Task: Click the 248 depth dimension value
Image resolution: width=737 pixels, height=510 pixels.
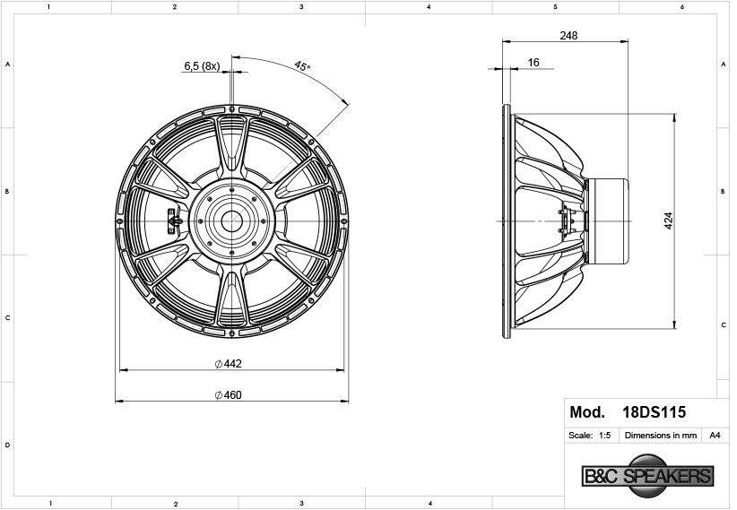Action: [568, 36]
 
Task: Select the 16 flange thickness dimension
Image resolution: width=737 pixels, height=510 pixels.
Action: [533, 62]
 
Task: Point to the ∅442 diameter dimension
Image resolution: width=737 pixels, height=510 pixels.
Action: [230, 364]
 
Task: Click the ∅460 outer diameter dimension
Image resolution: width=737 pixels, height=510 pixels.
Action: [229, 395]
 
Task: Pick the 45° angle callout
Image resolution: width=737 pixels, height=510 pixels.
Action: [302, 66]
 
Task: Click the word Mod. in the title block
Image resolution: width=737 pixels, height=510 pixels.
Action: [587, 413]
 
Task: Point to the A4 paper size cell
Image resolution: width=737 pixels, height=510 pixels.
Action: [715, 436]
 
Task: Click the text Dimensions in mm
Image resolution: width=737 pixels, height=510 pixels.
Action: [661, 436]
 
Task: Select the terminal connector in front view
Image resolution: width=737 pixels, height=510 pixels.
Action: [173, 219]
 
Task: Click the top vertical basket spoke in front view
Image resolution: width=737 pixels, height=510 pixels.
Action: [233, 143]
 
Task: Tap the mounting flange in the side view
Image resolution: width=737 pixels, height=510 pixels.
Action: [508, 220]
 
